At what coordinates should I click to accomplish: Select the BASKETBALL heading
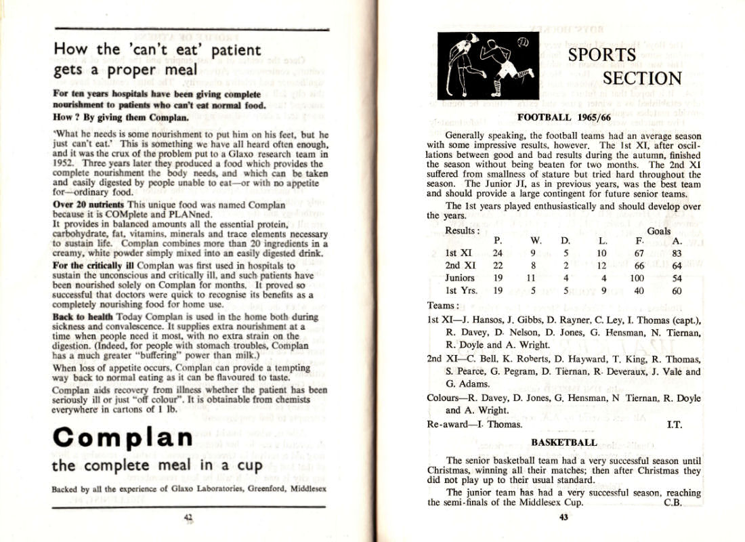tap(563, 442)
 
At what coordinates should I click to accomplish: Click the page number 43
tap(563, 518)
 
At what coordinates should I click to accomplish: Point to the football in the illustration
tap(522, 42)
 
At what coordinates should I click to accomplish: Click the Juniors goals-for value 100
tap(637, 278)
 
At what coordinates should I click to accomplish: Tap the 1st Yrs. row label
tap(461, 291)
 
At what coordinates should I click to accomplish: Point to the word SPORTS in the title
tap(601, 55)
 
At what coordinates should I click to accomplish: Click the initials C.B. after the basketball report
tap(672, 503)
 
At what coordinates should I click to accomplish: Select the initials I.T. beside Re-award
tap(674, 425)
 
